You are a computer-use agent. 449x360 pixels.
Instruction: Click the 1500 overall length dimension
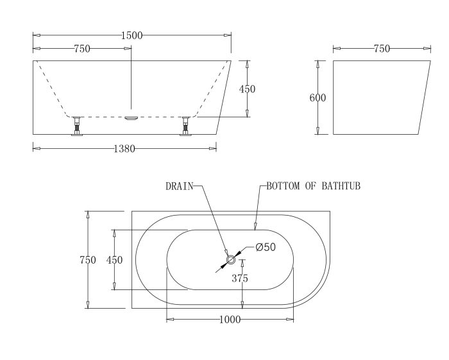point(131,35)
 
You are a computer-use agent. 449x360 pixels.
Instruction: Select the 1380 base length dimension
point(124,149)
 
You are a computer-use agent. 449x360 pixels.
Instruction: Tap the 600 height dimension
point(318,98)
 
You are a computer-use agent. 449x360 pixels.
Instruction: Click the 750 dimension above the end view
point(382,49)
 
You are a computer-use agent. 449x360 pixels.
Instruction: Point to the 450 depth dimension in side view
point(247,89)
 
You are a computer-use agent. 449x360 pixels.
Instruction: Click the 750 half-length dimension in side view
point(82,49)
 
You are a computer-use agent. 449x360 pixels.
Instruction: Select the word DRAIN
point(180,187)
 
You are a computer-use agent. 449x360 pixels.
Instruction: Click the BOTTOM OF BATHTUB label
point(313,186)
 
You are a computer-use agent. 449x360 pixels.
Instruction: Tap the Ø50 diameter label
point(266,247)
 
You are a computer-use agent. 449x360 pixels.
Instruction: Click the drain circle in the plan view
point(231,260)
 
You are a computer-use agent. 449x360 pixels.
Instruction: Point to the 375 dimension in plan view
point(240,278)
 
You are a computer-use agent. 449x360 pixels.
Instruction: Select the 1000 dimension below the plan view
point(230,320)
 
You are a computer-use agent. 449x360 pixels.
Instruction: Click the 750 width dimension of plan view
point(88,260)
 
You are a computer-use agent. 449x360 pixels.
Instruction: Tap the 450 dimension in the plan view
point(114,260)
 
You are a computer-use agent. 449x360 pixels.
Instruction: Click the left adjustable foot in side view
point(77,126)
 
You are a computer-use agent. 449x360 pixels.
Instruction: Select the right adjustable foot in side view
point(185,126)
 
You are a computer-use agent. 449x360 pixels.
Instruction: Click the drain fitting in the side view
point(131,118)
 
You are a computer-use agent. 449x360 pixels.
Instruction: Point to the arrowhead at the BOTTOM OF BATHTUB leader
point(255,227)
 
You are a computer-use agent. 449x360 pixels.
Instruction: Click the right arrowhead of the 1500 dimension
point(227,35)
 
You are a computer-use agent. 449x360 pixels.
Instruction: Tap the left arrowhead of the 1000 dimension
point(171,320)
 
